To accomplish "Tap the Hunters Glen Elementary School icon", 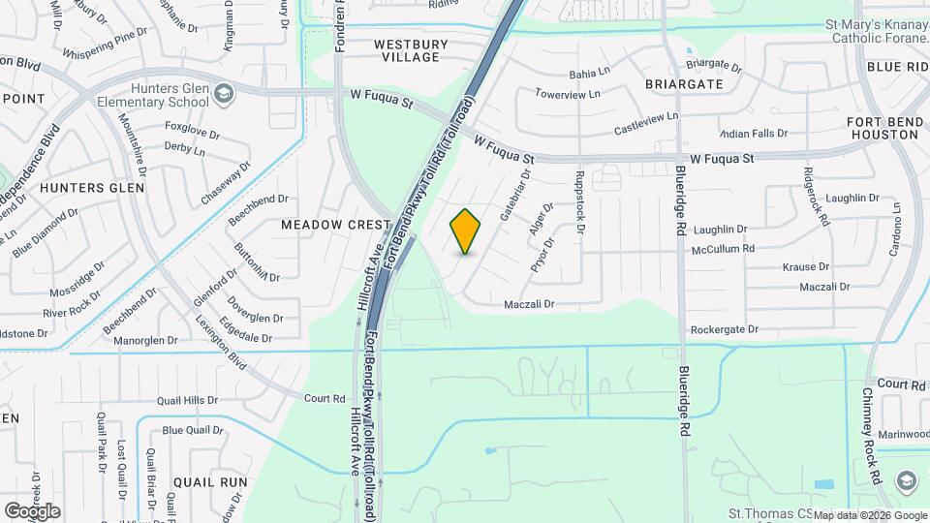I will tap(224, 93).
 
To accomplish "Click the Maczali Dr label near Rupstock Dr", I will tap(529, 304).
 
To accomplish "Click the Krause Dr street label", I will tap(806, 266).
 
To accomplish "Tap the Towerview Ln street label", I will tap(561, 96).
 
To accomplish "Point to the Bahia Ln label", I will tap(589, 73).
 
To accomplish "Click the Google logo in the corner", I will tap(32, 511).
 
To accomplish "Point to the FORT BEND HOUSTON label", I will tap(883, 127).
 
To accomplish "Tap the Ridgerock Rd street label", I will tap(816, 197).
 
